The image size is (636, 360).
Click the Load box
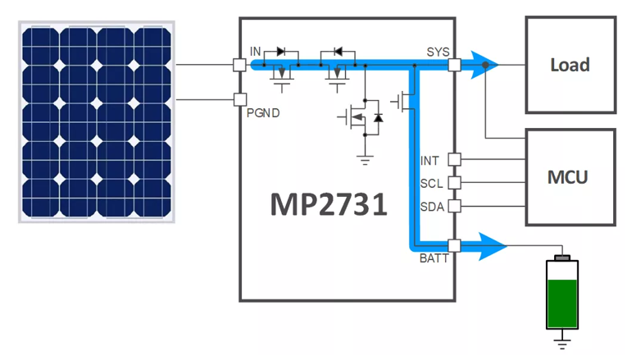[x=570, y=65]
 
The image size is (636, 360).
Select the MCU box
[x=570, y=176]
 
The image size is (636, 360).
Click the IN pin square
[x=239, y=65]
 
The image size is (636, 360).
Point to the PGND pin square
[x=239, y=100]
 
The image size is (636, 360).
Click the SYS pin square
[x=456, y=65]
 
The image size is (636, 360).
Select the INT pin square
[x=456, y=159]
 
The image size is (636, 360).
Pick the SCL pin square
[x=456, y=182]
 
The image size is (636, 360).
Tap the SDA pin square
[x=456, y=206]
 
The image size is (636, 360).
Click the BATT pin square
[x=456, y=244]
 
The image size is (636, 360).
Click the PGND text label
[x=263, y=113]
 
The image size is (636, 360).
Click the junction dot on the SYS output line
[x=487, y=65]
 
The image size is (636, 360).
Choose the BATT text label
[x=434, y=258]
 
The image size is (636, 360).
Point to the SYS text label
[x=437, y=52]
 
